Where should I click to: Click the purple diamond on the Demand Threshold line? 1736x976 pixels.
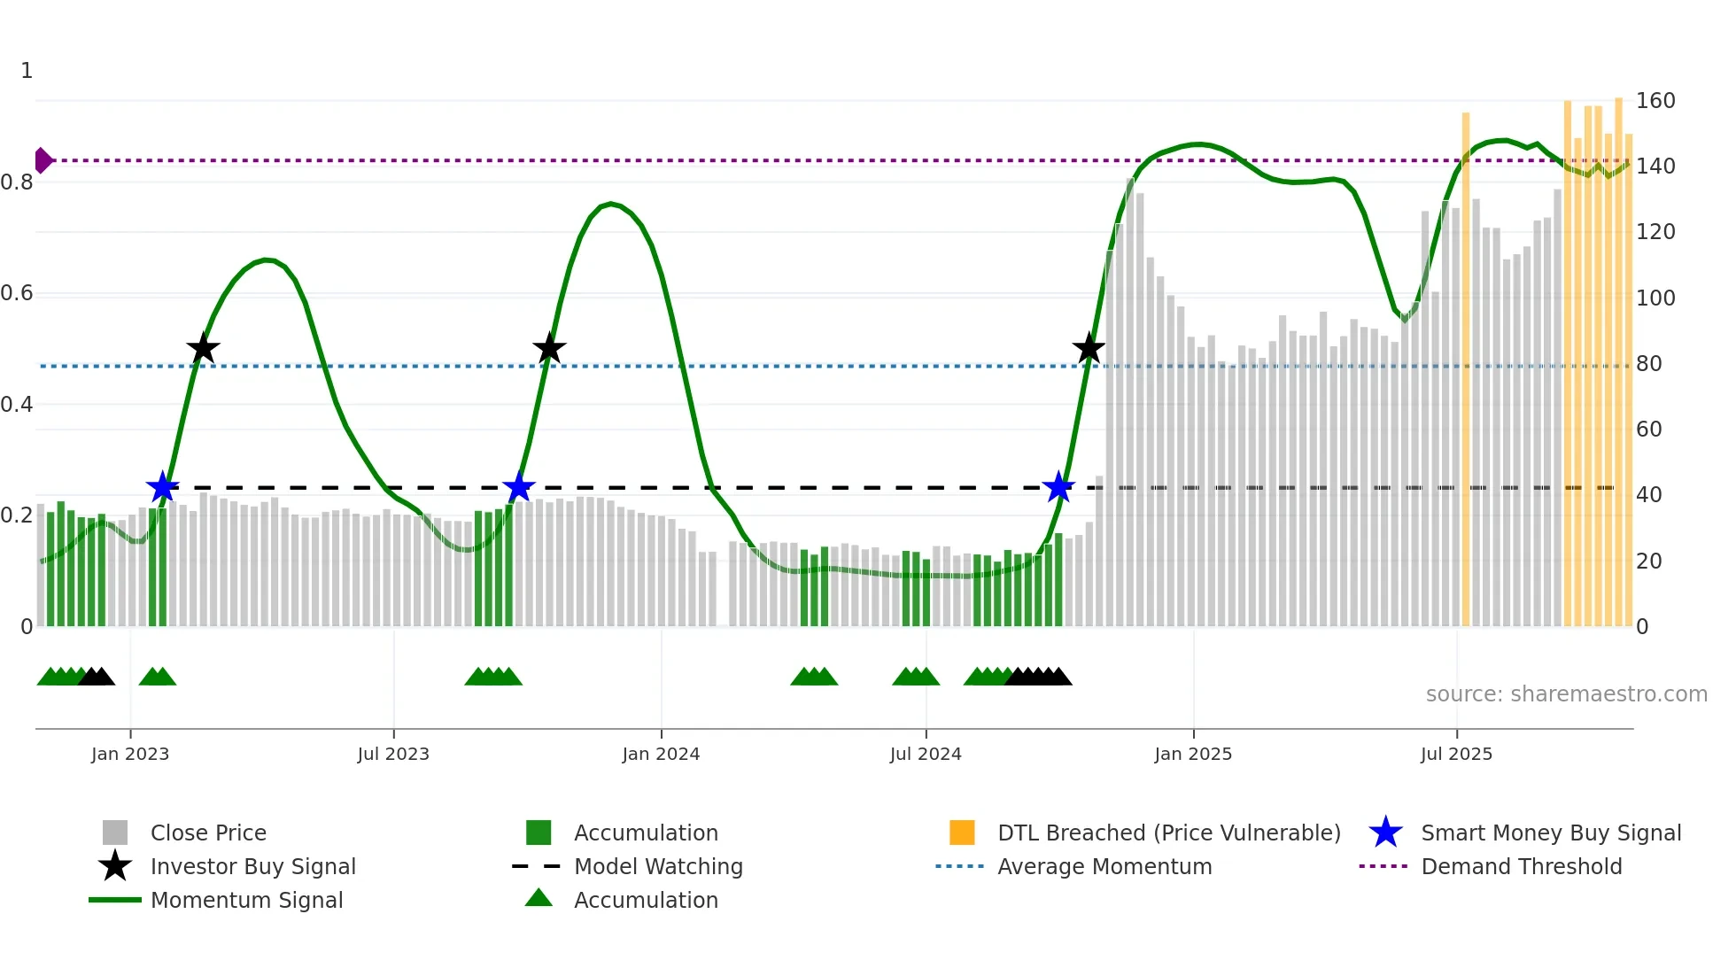click(43, 160)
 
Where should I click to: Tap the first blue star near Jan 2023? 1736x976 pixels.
click(162, 487)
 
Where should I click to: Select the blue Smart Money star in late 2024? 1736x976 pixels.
click(1058, 487)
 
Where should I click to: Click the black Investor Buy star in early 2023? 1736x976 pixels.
click(203, 349)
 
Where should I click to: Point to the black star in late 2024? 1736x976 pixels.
click(1089, 349)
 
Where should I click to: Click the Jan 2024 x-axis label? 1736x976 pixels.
click(661, 754)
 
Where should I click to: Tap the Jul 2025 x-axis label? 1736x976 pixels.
click(1456, 754)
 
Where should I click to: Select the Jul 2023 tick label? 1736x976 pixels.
click(393, 754)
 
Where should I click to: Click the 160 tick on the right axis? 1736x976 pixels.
click(1655, 101)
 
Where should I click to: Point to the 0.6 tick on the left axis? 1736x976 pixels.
click(17, 293)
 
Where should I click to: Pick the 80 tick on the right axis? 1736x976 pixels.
click(1648, 364)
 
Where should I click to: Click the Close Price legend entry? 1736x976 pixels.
click(208, 833)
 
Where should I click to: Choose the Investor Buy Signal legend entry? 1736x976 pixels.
click(252, 866)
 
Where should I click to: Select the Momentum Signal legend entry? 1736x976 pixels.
click(246, 900)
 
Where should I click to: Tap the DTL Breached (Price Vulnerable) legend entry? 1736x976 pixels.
click(1168, 833)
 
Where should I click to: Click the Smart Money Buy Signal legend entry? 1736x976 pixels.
click(1550, 833)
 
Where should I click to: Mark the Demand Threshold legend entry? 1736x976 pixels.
click(1521, 866)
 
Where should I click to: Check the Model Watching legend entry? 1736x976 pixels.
click(657, 866)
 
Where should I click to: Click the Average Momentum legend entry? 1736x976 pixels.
click(1104, 866)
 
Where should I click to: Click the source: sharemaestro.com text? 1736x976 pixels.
click(1566, 694)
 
